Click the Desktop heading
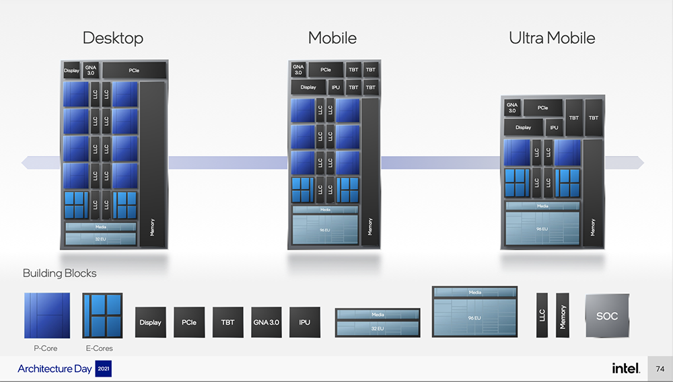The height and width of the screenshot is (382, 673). (113, 38)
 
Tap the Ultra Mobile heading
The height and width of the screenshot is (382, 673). (552, 38)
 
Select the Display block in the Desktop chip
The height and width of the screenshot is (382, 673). (71, 71)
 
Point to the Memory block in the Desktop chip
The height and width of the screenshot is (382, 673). (152, 164)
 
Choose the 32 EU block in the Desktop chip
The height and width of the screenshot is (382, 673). (100, 239)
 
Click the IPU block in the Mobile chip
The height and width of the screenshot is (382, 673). (336, 87)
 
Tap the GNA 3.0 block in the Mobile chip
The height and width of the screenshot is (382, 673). (298, 69)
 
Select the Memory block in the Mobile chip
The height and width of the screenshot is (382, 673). (369, 172)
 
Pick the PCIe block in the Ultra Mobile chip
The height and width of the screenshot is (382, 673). (542, 108)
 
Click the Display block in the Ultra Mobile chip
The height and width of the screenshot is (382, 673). (523, 127)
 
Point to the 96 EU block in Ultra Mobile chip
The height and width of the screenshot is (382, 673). (542, 229)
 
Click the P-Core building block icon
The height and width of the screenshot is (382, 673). (46, 315)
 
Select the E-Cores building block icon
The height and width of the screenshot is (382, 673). (102, 315)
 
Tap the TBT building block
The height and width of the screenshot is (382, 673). (227, 322)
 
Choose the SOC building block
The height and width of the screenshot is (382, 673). (607, 315)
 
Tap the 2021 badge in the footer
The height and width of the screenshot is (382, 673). (104, 369)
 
